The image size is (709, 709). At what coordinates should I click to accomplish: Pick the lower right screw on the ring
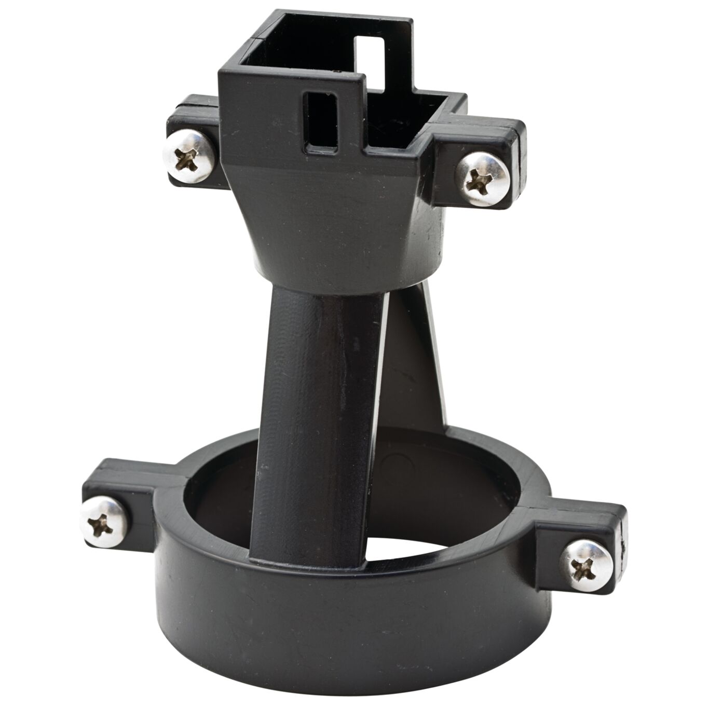587,566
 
